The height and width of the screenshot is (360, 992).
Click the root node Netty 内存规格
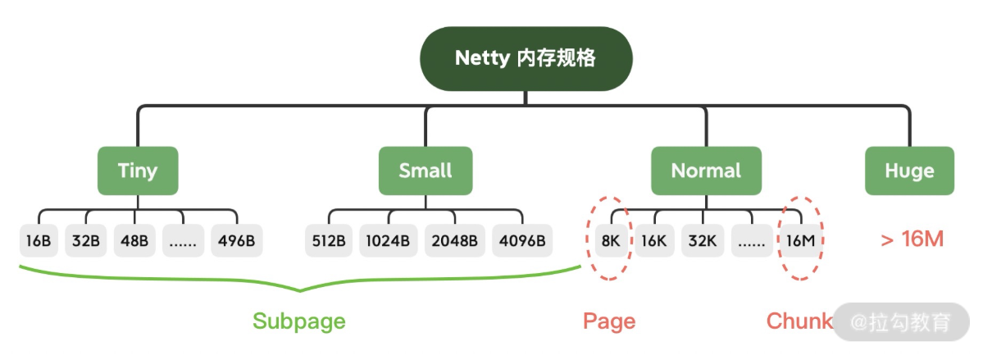(x=526, y=59)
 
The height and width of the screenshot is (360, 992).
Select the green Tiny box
(x=138, y=171)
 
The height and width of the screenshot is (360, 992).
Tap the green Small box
(x=425, y=171)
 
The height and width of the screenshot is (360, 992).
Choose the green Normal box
(x=706, y=171)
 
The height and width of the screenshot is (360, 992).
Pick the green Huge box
(x=909, y=171)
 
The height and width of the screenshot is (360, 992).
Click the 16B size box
(x=39, y=241)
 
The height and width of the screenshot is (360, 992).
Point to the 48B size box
(x=134, y=241)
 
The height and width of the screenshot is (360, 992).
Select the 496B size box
(x=237, y=241)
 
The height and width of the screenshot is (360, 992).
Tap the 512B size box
(x=329, y=241)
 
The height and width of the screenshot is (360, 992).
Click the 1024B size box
(x=389, y=241)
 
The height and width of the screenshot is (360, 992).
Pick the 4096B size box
(x=522, y=241)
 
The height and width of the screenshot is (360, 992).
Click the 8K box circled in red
(x=610, y=241)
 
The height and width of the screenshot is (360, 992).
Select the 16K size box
(x=654, y=241)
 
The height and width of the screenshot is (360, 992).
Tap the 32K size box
(x=702, y=241)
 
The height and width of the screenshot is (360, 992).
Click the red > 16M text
(x=912, y=240)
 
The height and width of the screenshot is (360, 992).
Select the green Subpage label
(x=299, y=321)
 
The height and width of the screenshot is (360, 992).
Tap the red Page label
(x=609, y=321)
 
